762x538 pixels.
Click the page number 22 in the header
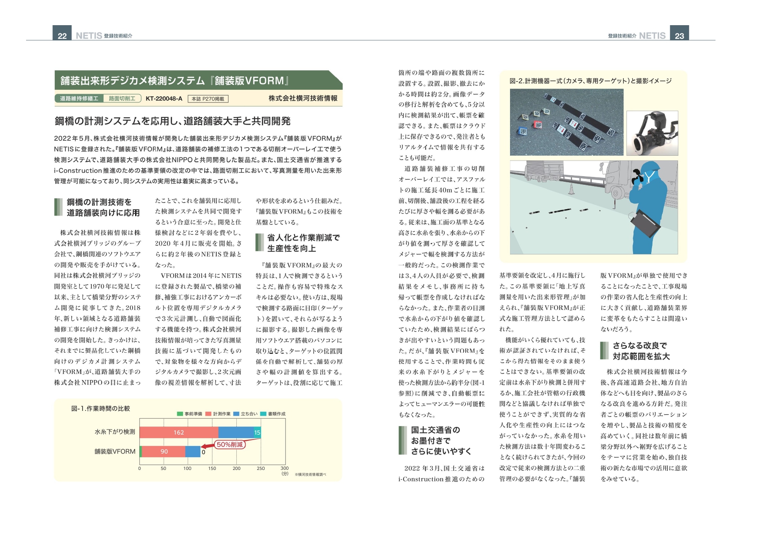[x=62, y=35]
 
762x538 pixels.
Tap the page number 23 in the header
[x=679, y=35]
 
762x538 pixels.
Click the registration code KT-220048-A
[x=164, y=98]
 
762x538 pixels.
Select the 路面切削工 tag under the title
[x=122, y=98]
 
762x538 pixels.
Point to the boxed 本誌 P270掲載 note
[x=208, y=99]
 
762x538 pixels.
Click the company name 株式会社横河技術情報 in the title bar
[x=303, y=98]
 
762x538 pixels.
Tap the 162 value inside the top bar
[x=179, y=432]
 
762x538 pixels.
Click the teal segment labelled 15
[x=257, y=432]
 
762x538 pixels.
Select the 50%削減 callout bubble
[x=230, y=444]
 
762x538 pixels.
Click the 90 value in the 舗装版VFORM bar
[x=164, y=451]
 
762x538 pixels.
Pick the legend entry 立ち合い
[x=246, y=413]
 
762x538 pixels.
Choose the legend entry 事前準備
[x=190, y=413]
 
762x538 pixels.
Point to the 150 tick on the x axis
[x=212, y=468]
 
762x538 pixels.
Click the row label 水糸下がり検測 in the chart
[x=115, y=432]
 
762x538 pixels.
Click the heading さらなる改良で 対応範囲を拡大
[x=641, y=351]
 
